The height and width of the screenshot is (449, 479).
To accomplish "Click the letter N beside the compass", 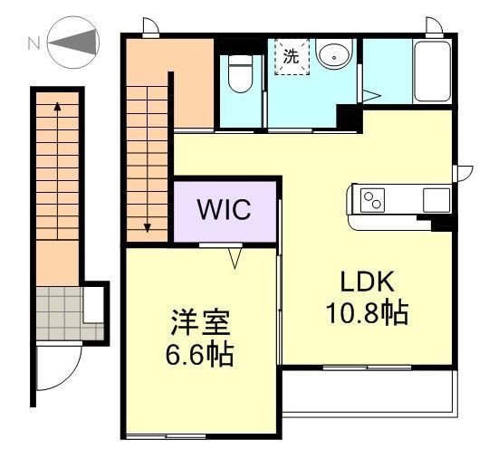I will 34,42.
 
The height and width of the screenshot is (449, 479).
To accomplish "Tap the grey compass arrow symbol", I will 77,42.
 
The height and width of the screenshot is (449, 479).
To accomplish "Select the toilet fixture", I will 240,73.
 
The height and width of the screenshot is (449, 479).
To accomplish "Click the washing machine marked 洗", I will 292,55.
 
